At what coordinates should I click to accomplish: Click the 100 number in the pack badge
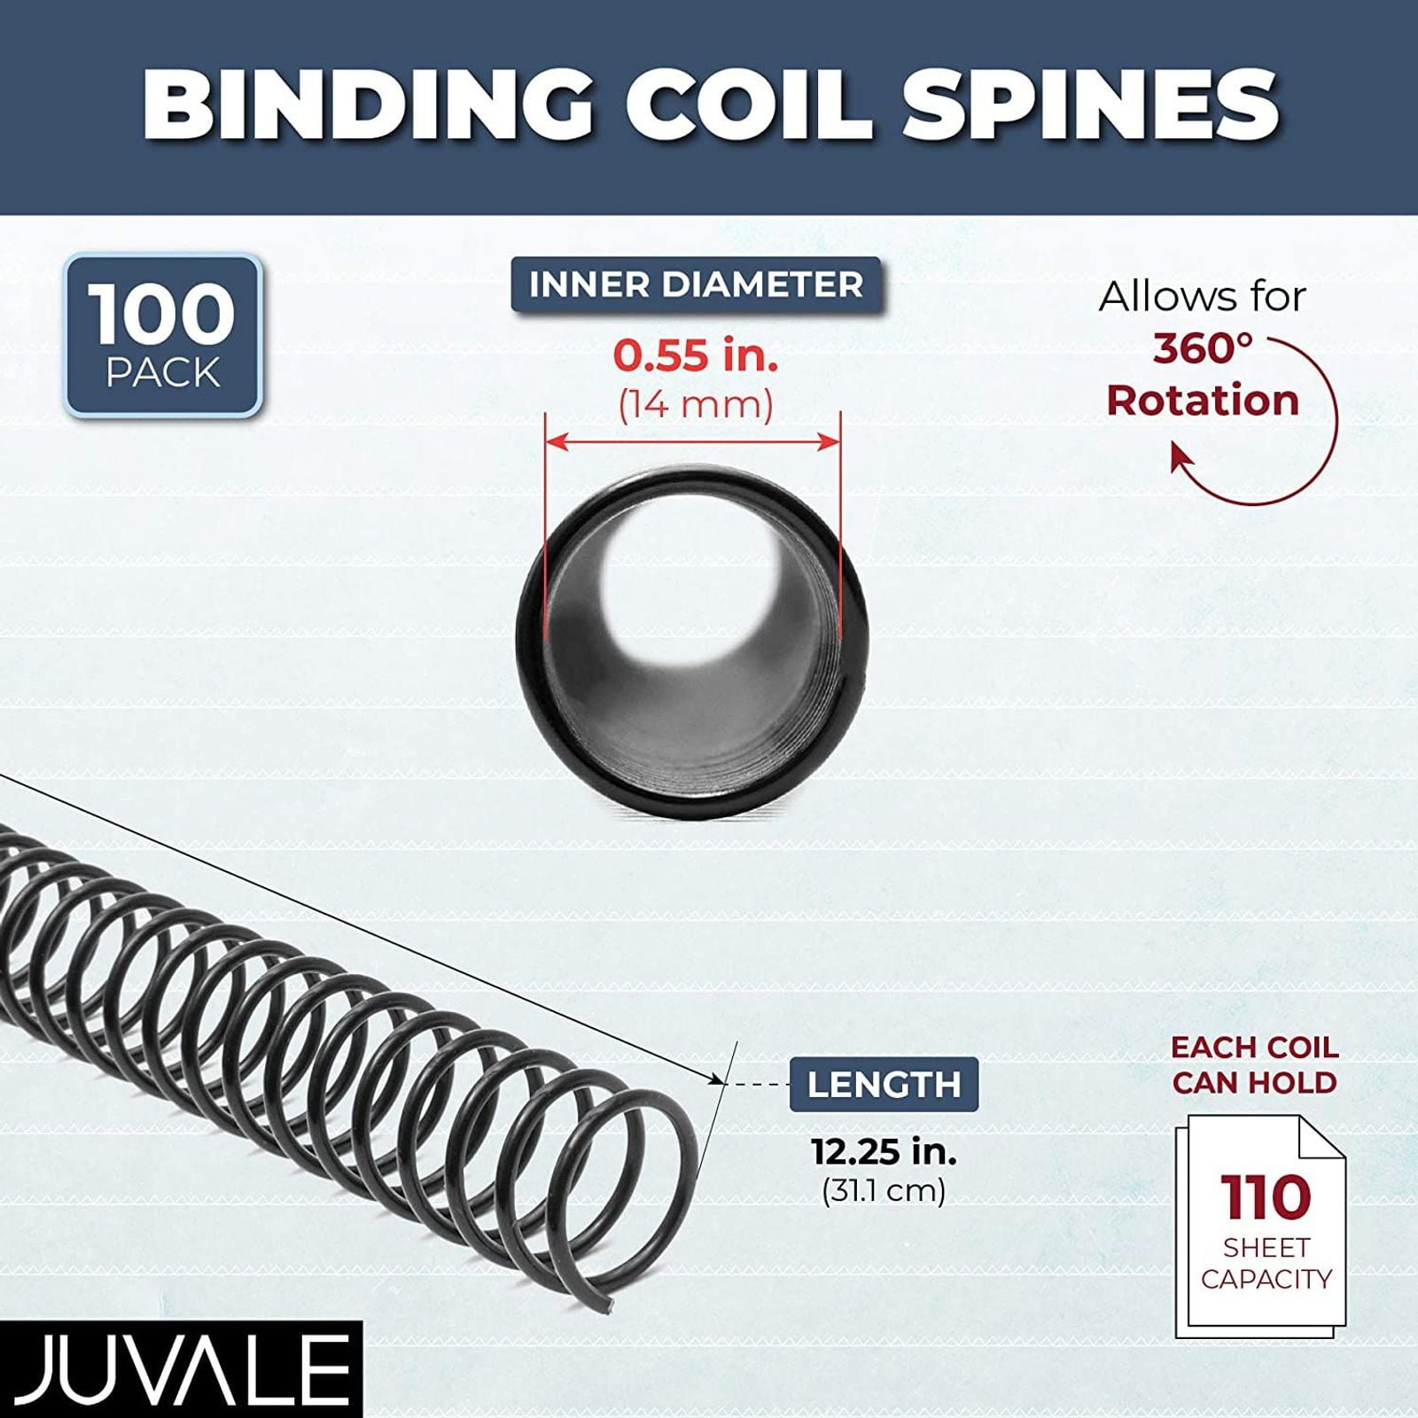pos(162,315)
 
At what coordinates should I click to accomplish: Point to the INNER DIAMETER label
pos(696,284)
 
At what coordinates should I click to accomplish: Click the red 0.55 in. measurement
pos(696,355)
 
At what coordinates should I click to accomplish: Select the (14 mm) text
pos(696,405)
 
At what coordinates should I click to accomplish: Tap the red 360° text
pos(1202,349)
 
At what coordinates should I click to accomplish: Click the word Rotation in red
pos(1203,401)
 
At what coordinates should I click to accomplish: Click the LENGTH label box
pos(884,1084)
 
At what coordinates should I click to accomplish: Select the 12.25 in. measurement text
pos(884,1151)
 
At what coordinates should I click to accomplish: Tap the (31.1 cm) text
pos(884,1190)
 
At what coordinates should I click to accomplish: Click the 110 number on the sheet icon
pos(1266,1197)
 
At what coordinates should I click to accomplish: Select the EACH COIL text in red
pos(1254,1048)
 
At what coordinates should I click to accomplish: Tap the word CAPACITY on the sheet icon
pos(1266,1279)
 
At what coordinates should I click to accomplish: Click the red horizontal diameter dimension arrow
pos(692,440)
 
